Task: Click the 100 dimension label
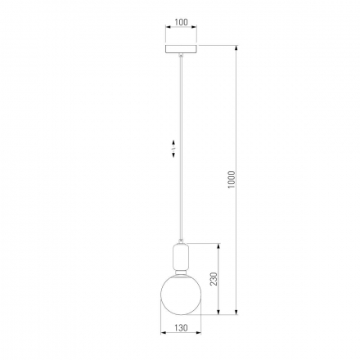click(181, 22)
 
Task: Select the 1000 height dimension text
click(231, 179)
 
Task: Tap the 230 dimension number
click(214, 279)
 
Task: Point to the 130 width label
click(181, 327)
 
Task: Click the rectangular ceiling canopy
click(181, 49)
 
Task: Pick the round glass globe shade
click(181, 295)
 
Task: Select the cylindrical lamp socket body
click(181, 257)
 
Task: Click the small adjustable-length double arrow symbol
click(173, 149)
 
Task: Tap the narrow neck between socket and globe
click(181, 272)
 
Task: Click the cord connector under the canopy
click(181, 55)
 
